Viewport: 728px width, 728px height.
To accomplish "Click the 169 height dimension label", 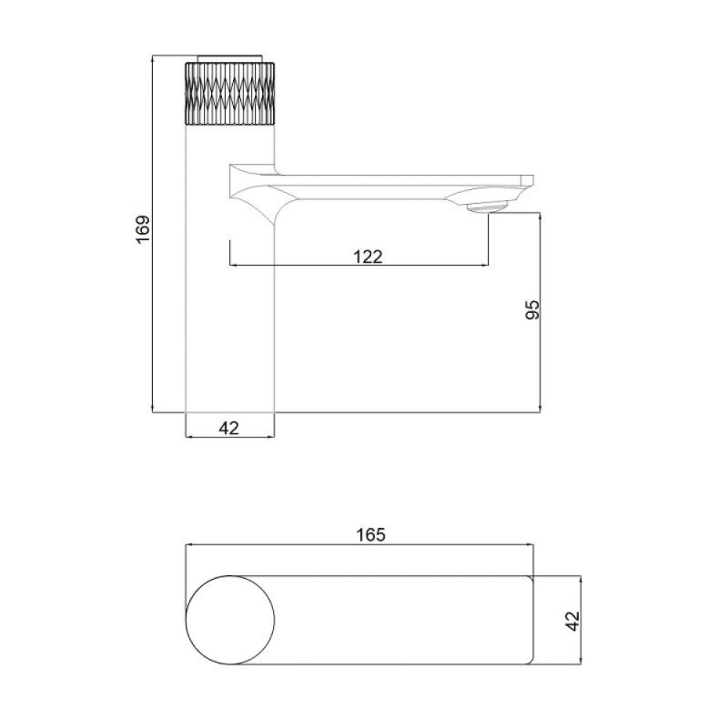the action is click(143, 228).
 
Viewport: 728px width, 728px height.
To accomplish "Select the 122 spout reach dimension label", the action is click(368, 257).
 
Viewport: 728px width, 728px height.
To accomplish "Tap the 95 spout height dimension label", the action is click(532, 309).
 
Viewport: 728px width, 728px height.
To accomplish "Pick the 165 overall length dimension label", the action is click(371, 535).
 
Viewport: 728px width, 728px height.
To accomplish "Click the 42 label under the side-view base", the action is click(228, 428).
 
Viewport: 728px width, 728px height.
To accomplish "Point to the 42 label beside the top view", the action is click(573, 621).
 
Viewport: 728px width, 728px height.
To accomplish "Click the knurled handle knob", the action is click(230, 93).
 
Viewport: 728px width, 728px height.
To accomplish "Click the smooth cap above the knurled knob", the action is click(230, 58).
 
